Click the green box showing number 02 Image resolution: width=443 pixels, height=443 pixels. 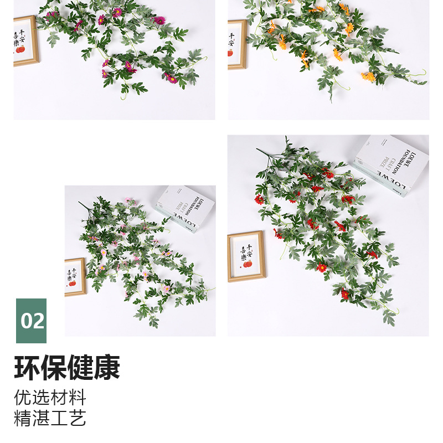(31, 321)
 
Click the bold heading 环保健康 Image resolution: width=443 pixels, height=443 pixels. (67, 368)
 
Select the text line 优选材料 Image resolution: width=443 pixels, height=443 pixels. (50, 397)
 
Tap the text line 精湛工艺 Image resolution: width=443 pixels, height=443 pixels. (50, 418)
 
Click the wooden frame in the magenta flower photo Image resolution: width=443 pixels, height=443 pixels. (25, 42)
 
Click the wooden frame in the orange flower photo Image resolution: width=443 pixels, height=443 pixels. (236, 44)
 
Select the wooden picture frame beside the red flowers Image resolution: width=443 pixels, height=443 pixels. (246, 256)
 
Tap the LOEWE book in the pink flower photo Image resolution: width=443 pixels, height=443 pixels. (186, 208)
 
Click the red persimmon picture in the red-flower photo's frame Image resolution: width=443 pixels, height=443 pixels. (248, 264)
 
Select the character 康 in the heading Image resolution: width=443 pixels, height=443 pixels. (107, 368)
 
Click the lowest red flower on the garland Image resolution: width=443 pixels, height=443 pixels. (345, 294)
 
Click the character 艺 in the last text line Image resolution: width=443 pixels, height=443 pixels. (78, 418)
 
